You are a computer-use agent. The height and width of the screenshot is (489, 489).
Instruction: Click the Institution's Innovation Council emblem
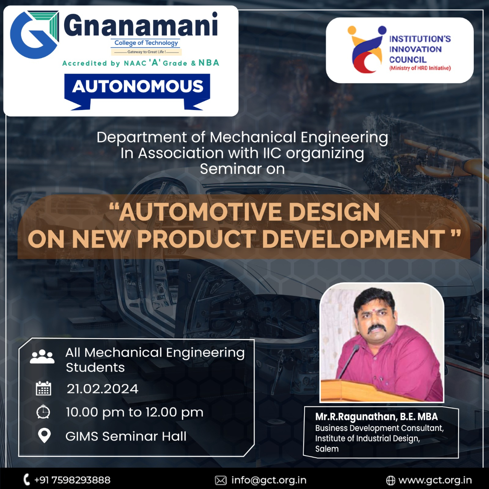click(367, 49)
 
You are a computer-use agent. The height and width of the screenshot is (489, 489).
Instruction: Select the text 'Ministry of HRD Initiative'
click(420, 68)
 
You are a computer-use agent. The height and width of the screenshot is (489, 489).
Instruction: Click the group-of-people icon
click(42, 356)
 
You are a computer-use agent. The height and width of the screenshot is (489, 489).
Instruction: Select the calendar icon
click(44, 388)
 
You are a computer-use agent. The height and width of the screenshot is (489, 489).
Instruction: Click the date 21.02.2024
click(102, 389)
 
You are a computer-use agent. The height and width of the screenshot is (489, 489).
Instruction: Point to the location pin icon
click(44, 436)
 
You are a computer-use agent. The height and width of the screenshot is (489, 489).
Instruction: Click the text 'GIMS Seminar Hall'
click(126, 436)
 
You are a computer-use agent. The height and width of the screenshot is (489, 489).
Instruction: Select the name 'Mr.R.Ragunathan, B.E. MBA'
click(377, 417)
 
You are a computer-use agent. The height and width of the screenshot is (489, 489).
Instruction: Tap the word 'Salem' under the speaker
click(327, 449)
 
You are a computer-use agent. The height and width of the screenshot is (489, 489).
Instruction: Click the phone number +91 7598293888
click(72, 480)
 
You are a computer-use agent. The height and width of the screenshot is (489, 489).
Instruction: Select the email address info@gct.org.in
click(269, 480)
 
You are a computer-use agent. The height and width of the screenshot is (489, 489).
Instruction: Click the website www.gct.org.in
click(435, 480)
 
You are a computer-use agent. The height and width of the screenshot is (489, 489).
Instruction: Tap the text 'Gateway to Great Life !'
click(146, 52)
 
